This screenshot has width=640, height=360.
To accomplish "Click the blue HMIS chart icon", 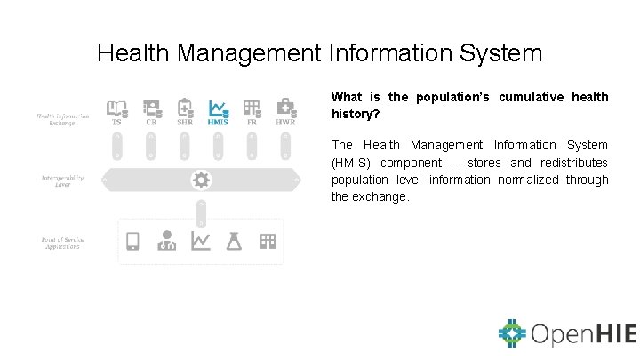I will (218, 108).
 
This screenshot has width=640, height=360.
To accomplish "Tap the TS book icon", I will (116, 108).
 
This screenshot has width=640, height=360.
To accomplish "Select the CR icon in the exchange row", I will (151, 108).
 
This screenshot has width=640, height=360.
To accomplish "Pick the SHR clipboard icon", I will (185, 108).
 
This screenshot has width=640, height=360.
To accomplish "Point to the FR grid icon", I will (252, 108).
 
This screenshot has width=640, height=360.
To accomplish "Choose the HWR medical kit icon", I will (285, 108).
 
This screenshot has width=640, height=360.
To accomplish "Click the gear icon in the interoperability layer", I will (202, 180).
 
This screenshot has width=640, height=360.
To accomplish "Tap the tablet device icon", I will (132, 241).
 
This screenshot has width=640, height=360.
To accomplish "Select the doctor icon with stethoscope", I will (166, 241).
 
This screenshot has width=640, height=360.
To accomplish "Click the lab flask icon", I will (235, 241).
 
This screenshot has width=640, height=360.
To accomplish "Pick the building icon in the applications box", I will (268, 241).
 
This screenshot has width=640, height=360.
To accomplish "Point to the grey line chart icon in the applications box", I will (201, 241).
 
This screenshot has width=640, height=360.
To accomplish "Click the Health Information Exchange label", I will (62, 119).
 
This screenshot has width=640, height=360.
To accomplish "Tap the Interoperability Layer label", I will (62, 181).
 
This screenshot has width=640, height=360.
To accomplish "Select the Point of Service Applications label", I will (62, 242).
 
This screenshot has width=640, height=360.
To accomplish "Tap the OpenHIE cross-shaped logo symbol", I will (513, 333).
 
